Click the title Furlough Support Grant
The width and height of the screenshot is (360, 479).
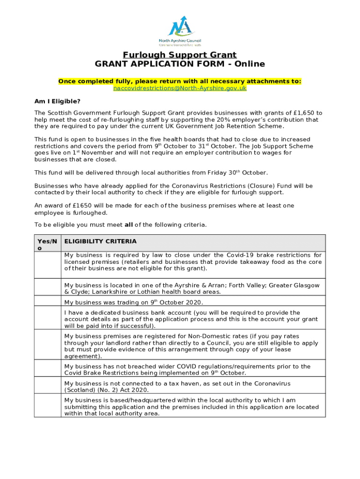(x=180, y=55)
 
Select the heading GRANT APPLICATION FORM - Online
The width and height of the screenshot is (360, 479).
(x=180, y=64)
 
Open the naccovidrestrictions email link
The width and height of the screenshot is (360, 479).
(x=180, y=88)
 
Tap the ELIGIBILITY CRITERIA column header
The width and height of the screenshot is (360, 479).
(x=101, y=241)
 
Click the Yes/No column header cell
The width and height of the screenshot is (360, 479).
(x=47, y=244)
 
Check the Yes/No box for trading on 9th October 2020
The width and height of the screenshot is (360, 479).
(x=47, y=302)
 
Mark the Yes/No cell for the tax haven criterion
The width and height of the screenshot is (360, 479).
(x=47, y=386)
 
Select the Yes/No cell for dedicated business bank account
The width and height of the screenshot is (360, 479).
(x=47, y=319)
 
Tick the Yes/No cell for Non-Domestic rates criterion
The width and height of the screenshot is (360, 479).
(x=47, y=346)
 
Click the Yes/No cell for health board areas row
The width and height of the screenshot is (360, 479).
(x=47, y=288)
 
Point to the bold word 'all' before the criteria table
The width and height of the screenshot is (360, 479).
(x=129, y=225)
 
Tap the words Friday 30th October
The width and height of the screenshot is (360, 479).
(x=236, y=173)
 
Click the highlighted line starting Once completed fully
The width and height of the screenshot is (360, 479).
(x=180, y=81)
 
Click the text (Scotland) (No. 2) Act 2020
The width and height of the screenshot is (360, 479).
(x=107, y=390)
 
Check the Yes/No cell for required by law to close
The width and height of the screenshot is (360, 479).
(x=47, y=265)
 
